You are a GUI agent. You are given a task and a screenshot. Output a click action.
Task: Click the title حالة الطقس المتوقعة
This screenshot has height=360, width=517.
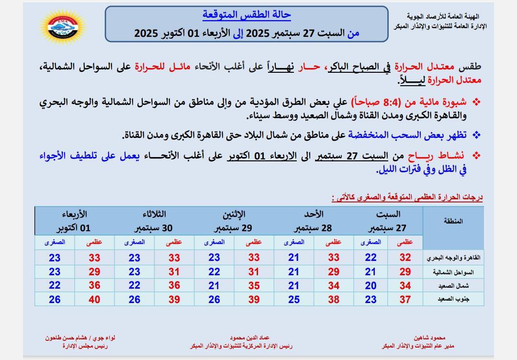coord(247,15)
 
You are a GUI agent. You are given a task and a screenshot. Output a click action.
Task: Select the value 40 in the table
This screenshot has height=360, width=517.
coord(94,300)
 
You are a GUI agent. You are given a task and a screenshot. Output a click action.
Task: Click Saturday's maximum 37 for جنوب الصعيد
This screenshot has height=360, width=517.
coord(405,300)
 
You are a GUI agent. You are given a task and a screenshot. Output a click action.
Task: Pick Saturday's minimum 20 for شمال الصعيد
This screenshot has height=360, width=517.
coord(371,286)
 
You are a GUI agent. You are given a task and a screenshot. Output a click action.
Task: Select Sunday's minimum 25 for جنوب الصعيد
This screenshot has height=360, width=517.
coord(293,300)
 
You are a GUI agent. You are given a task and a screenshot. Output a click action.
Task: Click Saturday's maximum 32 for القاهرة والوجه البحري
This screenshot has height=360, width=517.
coord(405,258)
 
